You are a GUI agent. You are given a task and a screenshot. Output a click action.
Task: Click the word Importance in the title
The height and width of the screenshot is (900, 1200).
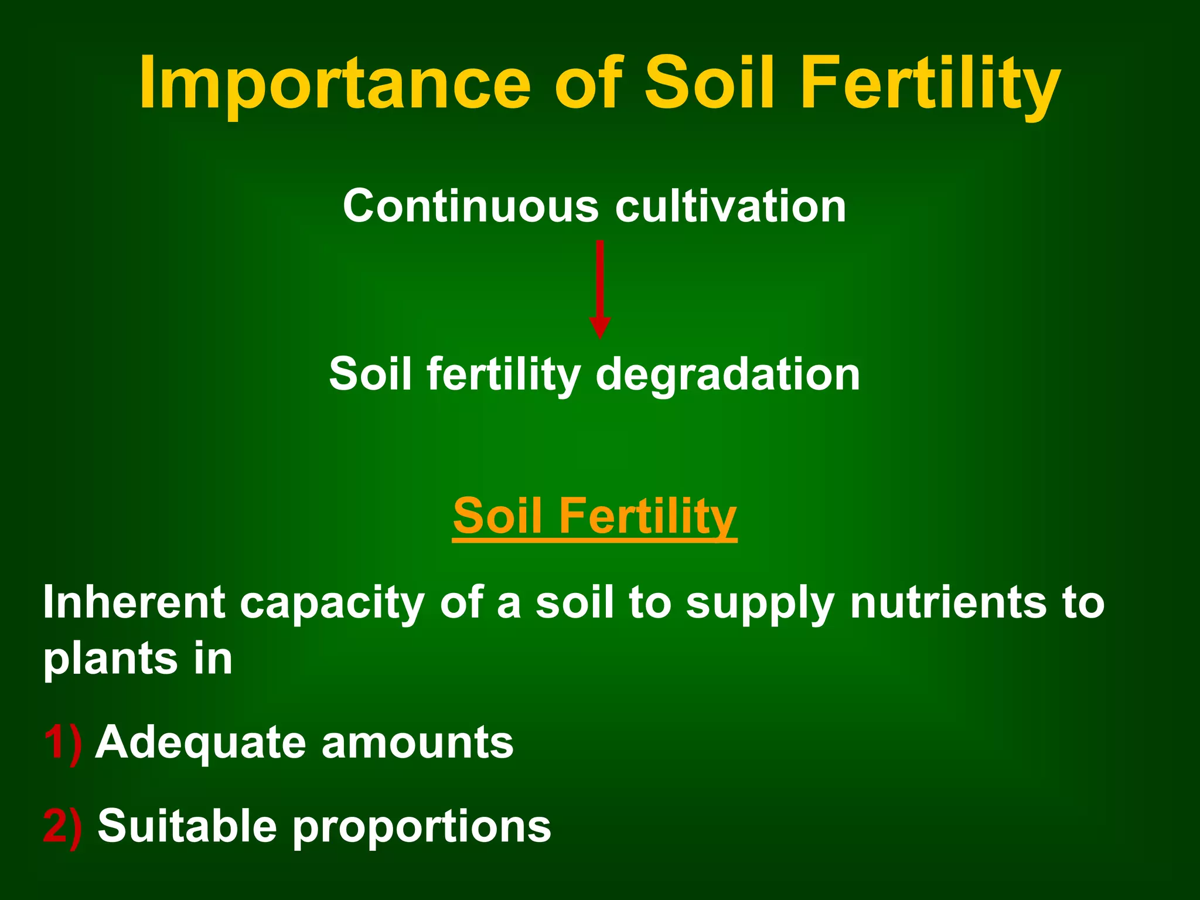pos(335,83)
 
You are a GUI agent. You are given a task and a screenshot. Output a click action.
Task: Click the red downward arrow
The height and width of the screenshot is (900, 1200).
pos(599,281)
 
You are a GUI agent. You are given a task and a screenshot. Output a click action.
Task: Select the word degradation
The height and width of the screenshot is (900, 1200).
pos(727,375)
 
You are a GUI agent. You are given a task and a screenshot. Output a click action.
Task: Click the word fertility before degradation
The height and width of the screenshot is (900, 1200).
pos(503,375)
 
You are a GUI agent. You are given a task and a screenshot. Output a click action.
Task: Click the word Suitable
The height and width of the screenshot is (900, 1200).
pos(187,826)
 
